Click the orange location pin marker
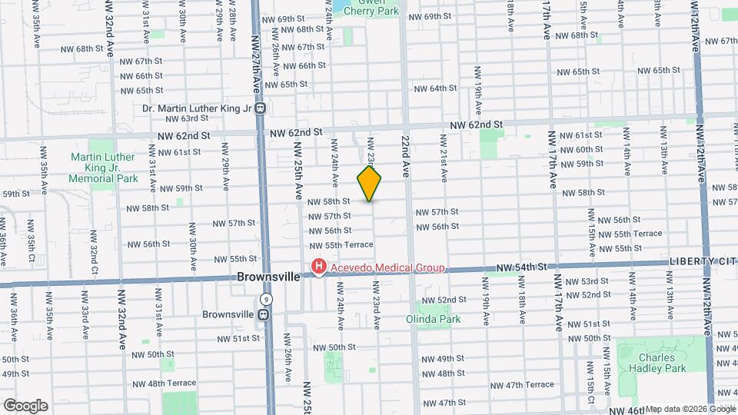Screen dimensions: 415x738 tap(370, 184)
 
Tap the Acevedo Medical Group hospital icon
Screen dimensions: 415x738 tap(317, 267)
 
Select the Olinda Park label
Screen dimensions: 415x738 tap(429, 317)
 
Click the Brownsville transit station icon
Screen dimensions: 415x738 tap(264, 314)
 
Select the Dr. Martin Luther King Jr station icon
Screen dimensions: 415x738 tap(261, 108)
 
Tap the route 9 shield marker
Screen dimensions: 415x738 tap(266, 298)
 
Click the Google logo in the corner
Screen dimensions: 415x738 tap(25, 405)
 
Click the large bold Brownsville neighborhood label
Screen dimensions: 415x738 tap(268, 277)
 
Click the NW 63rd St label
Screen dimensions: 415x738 tap(184, 118)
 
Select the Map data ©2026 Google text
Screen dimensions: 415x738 tap(690, 409)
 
